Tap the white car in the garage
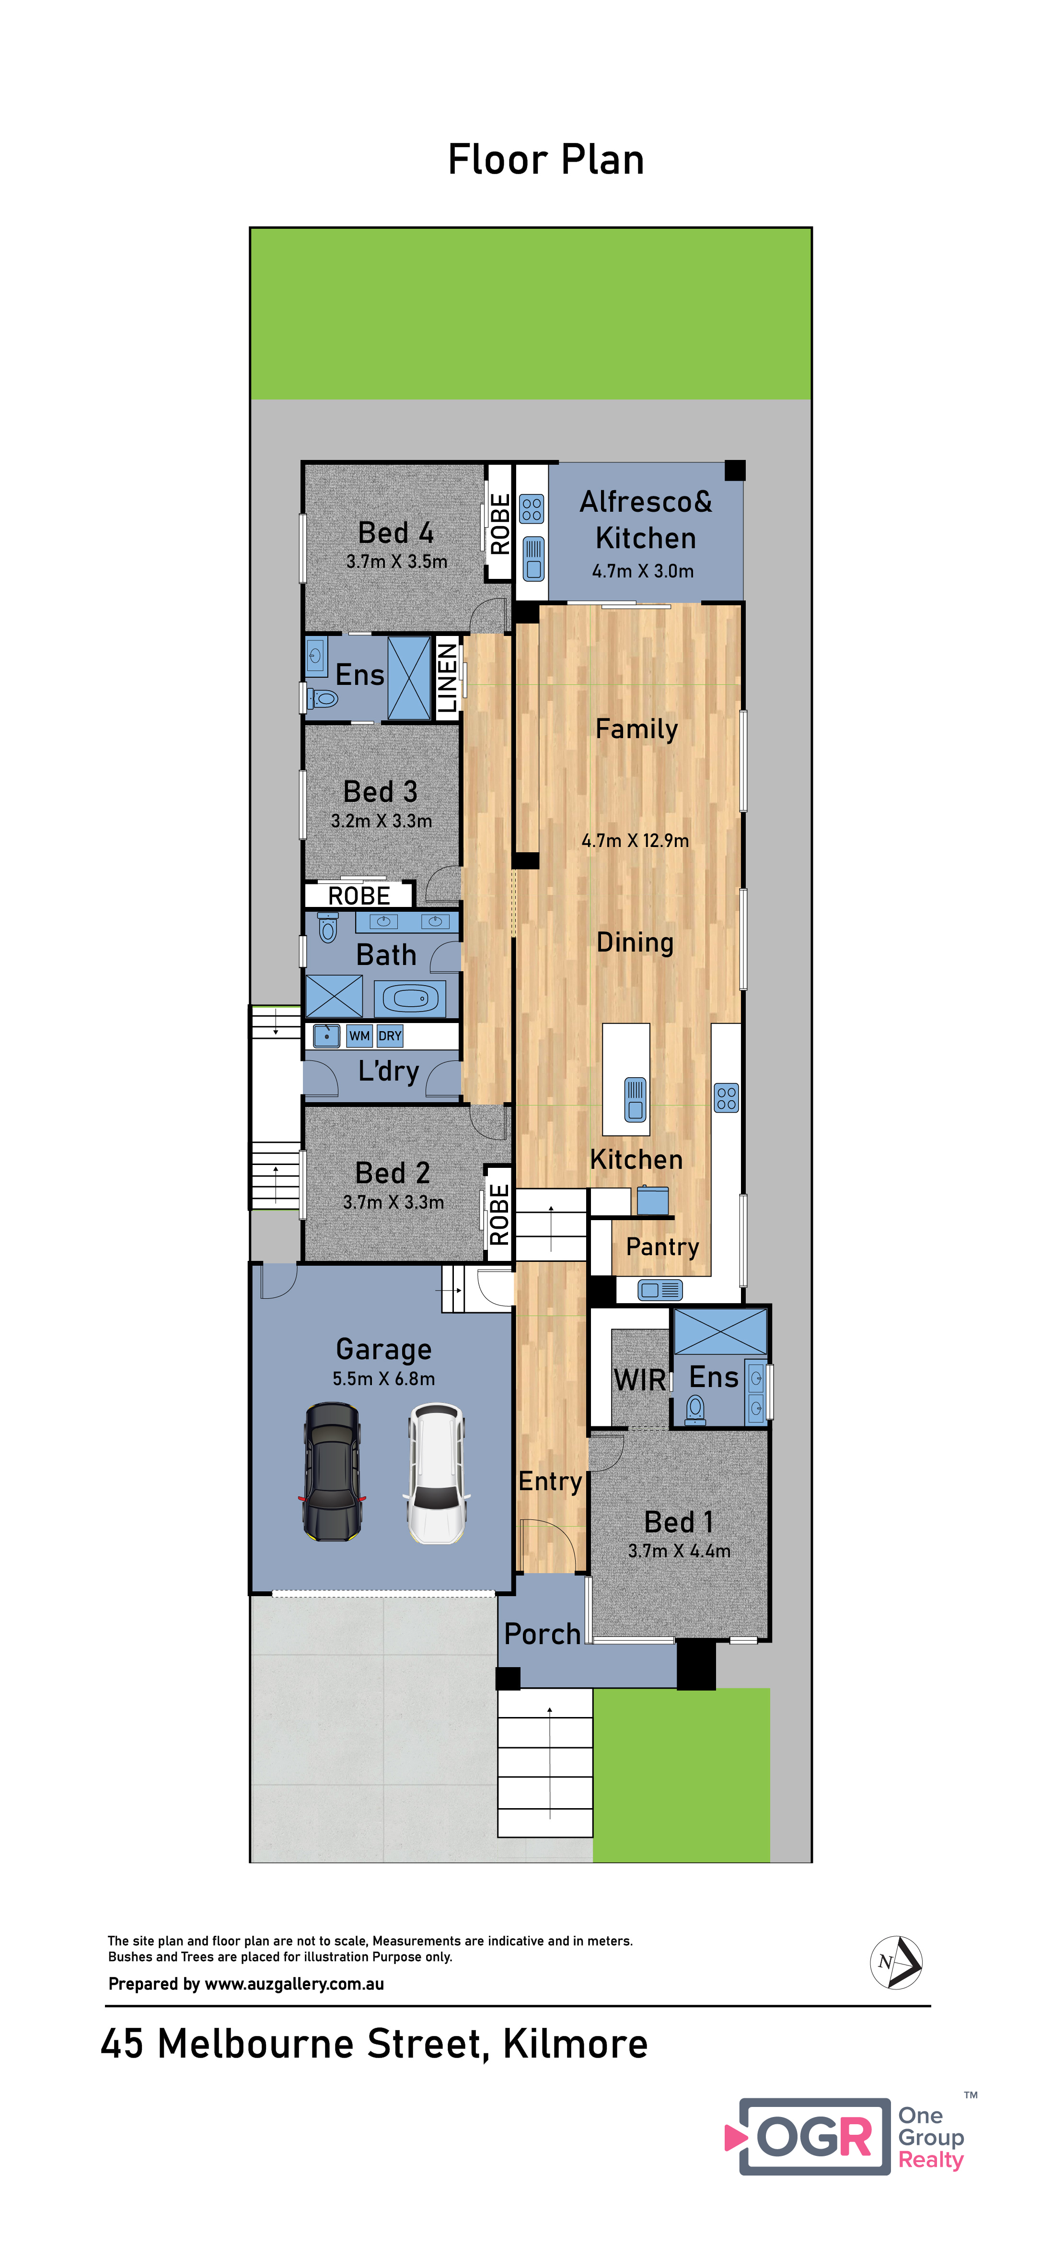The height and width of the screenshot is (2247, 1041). pyautogui.click(x=437, y=1472)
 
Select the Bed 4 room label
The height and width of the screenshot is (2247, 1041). pyautogui.click(x=396, y=532)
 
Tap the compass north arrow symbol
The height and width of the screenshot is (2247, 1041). pyautogui.click(x=896, y=1963)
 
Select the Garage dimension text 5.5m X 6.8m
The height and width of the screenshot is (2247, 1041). pyautogui.click(x=383, y=1378)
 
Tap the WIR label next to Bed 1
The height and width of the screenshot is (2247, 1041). pyautogui.click(x=640, y=1380)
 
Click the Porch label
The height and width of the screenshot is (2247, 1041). pyautogui.click(x=542, y=1634)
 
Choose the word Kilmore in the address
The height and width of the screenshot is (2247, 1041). pyautogui.click(x=576, y=2044)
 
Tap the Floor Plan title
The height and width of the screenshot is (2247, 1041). pyautogui.click(x=546, y=160)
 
